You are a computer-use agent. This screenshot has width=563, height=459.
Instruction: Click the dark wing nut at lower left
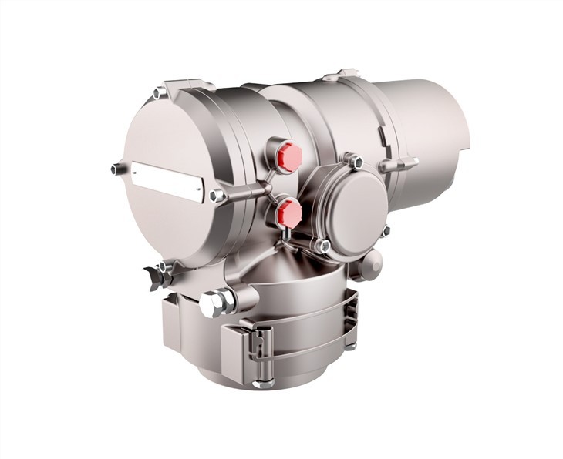pos(154,272)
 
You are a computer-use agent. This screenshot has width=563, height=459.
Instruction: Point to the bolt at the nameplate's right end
pos(218,196)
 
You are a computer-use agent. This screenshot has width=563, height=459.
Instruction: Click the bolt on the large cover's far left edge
pos(116,169)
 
